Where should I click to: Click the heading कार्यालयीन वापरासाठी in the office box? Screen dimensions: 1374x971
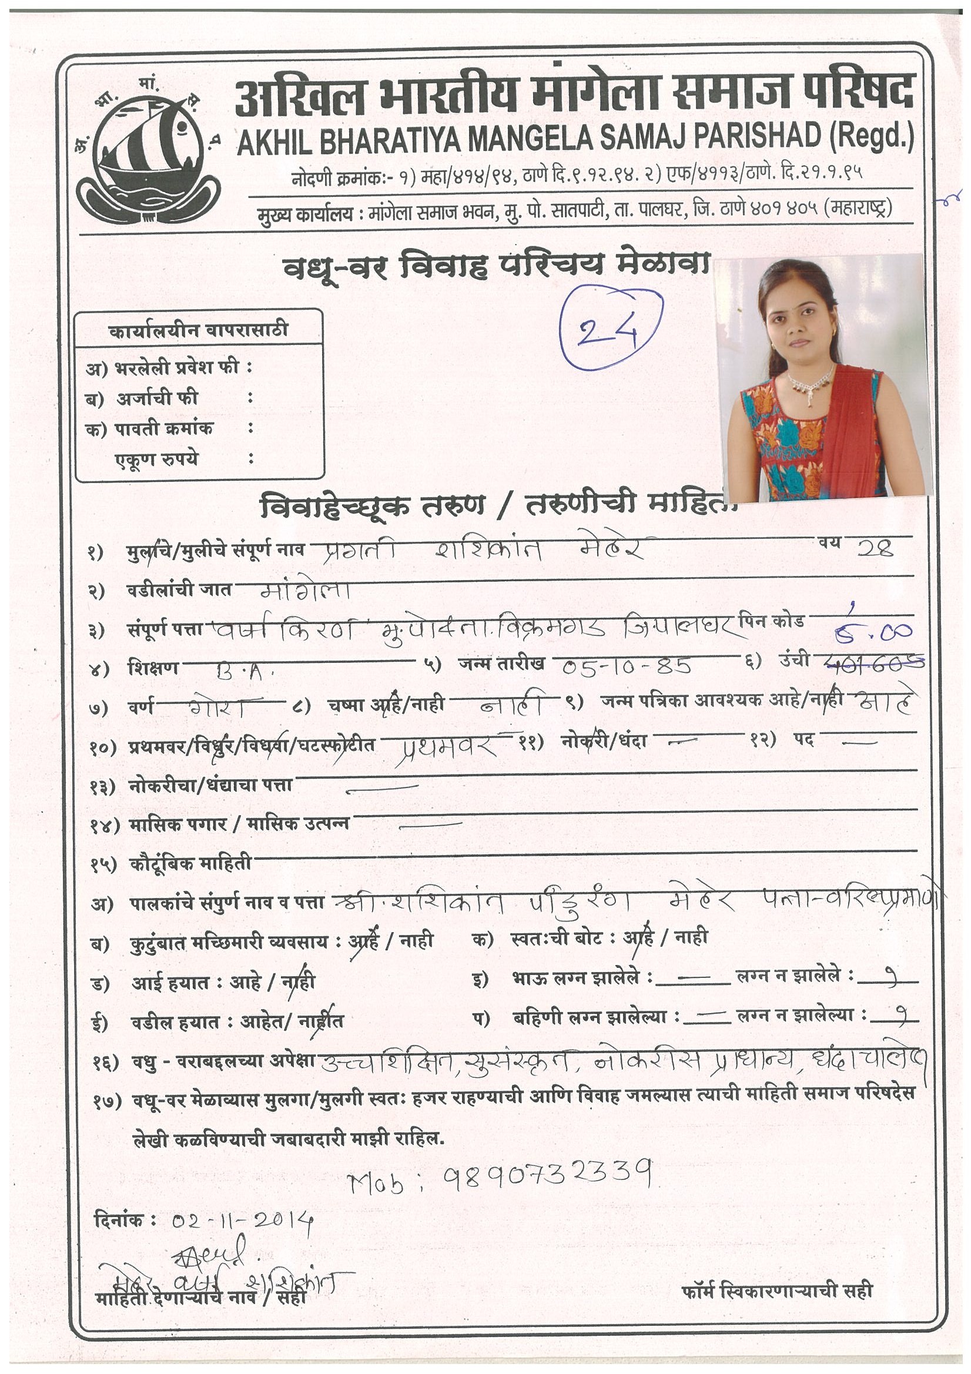(198, 330)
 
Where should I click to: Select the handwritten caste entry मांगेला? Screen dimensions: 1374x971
(306, 591)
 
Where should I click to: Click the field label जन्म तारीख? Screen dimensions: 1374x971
(501, 663)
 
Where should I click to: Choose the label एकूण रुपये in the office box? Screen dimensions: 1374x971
(156, 460)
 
